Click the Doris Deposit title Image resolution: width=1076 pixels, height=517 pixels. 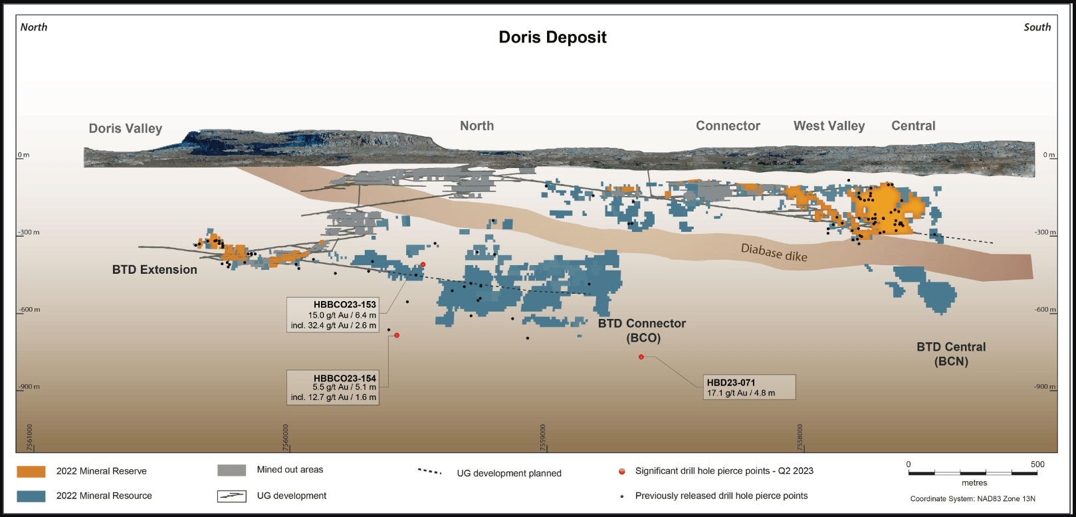click(x=552, y=37)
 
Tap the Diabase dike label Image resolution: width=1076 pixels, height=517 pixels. click(x=774, y=253)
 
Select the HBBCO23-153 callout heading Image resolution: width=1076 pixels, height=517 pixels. click(x=344, y=304)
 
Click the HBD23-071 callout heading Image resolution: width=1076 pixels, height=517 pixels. click(x=730, y=383)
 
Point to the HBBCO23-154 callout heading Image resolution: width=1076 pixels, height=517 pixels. click(x=344, y=378)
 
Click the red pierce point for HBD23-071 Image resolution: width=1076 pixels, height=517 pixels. click(x=641, y=357)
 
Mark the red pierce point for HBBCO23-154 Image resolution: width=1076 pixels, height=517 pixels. click(x=397, y=336)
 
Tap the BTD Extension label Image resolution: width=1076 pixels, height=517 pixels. click(x=155, y=270)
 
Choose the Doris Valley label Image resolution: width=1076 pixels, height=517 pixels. click(x=126, y=128)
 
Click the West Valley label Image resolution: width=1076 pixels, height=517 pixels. click(x=829, y=126)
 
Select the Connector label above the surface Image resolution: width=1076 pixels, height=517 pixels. click(x=728, y=126)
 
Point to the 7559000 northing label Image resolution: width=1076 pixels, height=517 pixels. click(x=543, y=437)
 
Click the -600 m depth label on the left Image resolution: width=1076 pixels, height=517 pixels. click(x=29, y=310)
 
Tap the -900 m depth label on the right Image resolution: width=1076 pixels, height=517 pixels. click(x=1045, y=387)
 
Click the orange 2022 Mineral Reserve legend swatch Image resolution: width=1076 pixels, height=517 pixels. click(x=31, y=471)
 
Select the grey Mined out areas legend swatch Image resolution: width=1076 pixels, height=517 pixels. click(x=231, y=470)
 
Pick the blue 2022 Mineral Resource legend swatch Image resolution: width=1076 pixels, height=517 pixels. click(x=31, y=496)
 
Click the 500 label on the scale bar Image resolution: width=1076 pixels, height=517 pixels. click(x=1037, y=464)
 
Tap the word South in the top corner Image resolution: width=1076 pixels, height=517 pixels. click(x=1037, y=27)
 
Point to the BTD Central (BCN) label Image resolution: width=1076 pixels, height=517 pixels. click(x=951, y=354)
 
